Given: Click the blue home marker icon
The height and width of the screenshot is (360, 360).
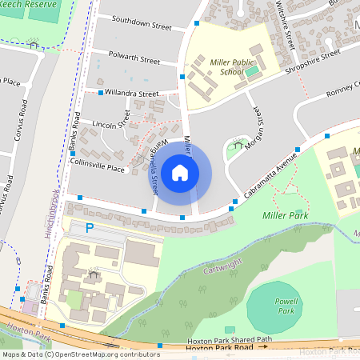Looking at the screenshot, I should pyautogui.click(x=180, y=172).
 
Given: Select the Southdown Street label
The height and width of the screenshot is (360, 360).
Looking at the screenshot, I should pyautogui.click(x=142, y=22).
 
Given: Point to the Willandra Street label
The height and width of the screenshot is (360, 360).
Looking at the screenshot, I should pyautogui.click(x=133, y=94).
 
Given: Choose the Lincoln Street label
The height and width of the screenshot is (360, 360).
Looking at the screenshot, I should pyautogui.click(x=110, y=125).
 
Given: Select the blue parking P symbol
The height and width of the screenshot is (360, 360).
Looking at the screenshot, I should pyautogui.click(x=90, y=228).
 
